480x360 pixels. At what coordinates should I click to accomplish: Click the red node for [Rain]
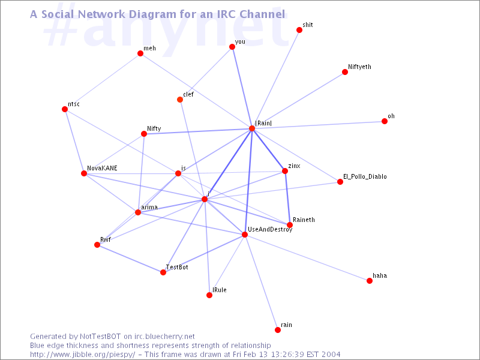tap(252, 128)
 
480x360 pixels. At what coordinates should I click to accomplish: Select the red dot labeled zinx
tap(285, 171)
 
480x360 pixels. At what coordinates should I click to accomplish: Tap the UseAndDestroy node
tap(245, 235)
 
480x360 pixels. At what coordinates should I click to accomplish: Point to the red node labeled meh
tap(140, 53)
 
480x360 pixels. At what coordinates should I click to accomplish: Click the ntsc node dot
tap(65, 109)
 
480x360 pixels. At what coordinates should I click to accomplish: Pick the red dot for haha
tap(370, 281)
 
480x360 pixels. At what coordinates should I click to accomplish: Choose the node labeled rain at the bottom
tap(278, 330)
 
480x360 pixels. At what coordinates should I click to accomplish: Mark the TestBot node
tap(163, 272)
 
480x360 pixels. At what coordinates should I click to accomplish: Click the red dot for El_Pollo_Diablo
tap(340, 182)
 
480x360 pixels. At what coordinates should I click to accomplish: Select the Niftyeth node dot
tap(345, 72)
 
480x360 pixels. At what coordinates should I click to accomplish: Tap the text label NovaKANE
tap(102, 169)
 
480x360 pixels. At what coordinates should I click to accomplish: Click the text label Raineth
tap(304, 220)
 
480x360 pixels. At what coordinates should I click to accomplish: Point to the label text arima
tap(149, 207)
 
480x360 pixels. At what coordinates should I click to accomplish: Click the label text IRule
tap(220, 290)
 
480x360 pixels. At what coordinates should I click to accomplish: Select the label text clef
tap(188, 94)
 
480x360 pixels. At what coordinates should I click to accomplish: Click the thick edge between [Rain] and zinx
tap(268, 149)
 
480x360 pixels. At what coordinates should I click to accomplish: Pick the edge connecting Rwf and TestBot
tap(130, 259)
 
